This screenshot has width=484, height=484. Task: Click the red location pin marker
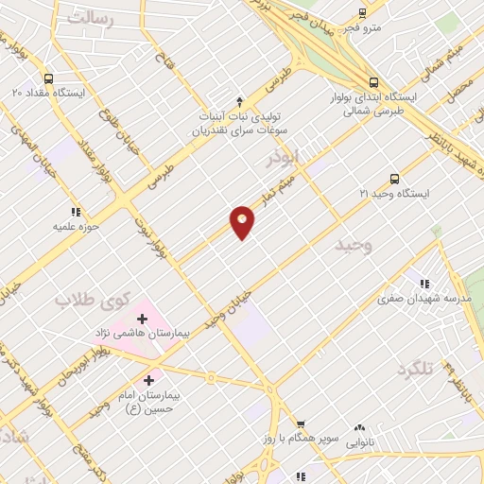point(242,223)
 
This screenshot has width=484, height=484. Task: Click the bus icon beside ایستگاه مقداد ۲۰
point(48,78)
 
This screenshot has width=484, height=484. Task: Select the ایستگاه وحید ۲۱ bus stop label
point(394,194)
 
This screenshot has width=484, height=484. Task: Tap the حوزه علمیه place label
point(76,227)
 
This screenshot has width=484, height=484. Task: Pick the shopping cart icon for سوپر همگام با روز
point(301,424)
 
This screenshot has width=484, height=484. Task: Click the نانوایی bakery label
point(358,441)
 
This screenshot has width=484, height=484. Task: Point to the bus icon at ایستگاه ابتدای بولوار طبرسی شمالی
point(373,82)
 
